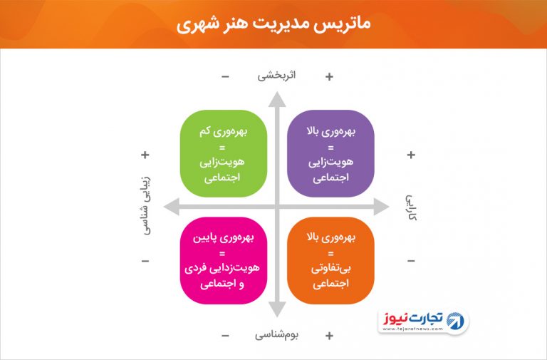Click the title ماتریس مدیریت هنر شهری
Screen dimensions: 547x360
point(273,24)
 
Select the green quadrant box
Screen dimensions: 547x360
point(224,154)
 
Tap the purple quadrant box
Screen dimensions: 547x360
point(330,154)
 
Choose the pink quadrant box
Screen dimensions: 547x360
point(224,260)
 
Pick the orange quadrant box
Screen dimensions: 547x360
point(330,260)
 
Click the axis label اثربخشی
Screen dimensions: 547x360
point(276,76)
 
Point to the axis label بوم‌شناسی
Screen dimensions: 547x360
point(276,335)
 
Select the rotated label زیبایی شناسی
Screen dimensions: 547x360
point(147,205)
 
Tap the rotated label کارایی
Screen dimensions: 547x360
point(411,207)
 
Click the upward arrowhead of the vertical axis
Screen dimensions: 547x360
point(277,100)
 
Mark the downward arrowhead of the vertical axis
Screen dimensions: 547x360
point(277,309)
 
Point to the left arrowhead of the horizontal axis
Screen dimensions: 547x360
point(171,207)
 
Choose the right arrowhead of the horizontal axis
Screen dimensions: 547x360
point(381,207)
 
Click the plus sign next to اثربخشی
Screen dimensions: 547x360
point(329,76)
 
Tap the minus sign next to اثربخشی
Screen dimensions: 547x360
point(225,76)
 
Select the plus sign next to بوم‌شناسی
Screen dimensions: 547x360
point(329,336)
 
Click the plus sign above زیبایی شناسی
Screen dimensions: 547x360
point(145,155)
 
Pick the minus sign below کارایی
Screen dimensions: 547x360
point(411,261)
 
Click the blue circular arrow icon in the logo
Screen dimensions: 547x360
point(455,321)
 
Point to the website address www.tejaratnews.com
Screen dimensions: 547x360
point(412,329)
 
